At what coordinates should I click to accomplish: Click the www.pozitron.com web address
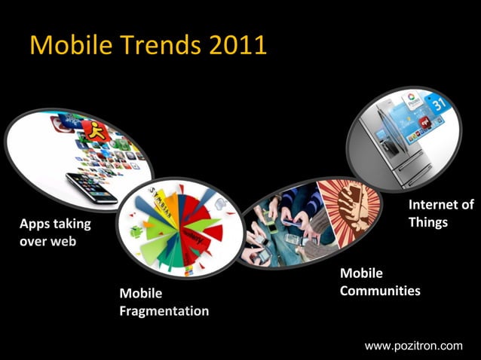click(413, 346)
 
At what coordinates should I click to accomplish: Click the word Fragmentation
click(164, 310)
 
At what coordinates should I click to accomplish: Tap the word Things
click(427, 222)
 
